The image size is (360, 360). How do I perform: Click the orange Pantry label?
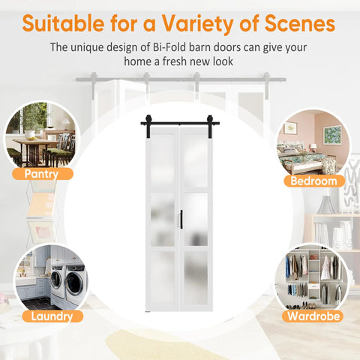tap(43, 174)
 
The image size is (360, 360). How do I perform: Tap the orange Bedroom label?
tap(314, 181)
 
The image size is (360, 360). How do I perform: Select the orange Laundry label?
tap(52, 316)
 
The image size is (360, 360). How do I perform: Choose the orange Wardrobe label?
tap(313, 316)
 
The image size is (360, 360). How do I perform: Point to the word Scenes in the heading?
tap(300, 23)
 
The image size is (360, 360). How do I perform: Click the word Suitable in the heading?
tap(63, 23)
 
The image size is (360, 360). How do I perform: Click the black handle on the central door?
tap(181, 219)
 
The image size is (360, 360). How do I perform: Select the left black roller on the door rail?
tap(148, 125)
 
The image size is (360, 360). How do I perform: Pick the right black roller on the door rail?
tap(210, 125)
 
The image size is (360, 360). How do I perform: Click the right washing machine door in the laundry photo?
tap(74, 284)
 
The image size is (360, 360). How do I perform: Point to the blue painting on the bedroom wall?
tap(332, 135)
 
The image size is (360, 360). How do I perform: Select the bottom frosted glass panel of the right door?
tap(196, 278)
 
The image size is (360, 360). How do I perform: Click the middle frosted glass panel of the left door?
tap(163, 220)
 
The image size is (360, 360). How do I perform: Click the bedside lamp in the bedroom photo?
tap(313, 148)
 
